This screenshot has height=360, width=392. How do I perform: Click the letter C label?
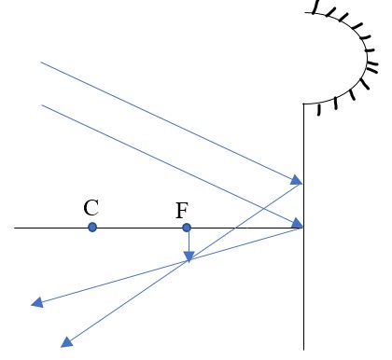(91, 206)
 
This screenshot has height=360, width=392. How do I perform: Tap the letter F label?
(182, 210)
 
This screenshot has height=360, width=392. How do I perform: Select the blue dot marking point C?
(91, 227)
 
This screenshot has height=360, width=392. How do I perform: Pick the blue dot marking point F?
(187, 228)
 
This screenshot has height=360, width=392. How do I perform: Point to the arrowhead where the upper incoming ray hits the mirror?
(298, 181)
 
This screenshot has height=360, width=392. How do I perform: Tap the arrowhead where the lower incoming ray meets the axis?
(298, 224)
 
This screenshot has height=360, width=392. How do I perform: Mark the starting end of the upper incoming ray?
(41, 62)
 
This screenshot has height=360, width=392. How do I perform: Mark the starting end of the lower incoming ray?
(42, 104)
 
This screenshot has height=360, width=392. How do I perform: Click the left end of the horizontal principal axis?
(15, 228)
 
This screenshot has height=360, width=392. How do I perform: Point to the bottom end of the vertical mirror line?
(303, 349)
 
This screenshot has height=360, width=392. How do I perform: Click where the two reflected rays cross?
(189, 262)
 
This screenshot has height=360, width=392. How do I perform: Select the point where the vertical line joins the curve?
(303, 104)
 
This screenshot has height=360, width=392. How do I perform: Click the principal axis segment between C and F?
(140, 228)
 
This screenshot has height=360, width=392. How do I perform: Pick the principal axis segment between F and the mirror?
(243, 228)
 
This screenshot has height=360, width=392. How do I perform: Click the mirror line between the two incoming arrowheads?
(303, 203)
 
